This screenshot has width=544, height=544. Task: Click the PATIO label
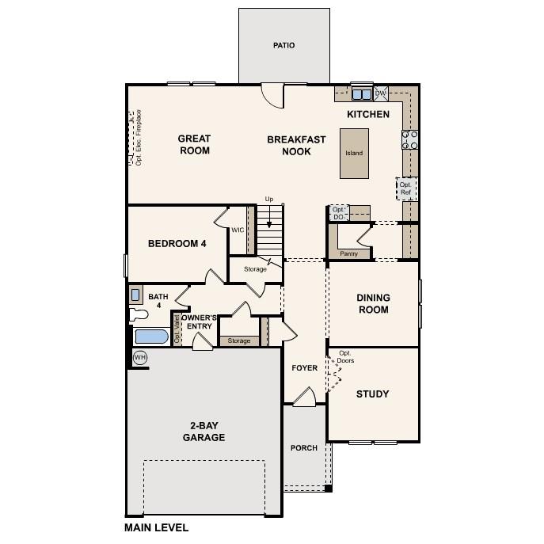[x=283, y=45]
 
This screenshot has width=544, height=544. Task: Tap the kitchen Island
[x=354, y=154]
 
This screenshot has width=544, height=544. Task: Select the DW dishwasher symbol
[x=380, y=93]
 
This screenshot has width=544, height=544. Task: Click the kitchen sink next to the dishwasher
[x=362, y=93]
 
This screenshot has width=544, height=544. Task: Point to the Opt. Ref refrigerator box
[x=405, y=188]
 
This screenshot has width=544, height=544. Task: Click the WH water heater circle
[x=140, y=358]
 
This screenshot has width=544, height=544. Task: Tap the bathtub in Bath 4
[x=150, y=337]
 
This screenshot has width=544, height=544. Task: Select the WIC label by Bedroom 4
[x=238, y=230]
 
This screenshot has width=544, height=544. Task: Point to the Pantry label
[x=348, y=254]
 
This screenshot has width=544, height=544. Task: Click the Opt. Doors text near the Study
[x=345, y=356]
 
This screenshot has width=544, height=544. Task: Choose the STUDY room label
[x=372, y=394]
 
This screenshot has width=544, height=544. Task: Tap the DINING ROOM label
[x=373, y=304]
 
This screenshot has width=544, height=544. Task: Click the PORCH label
[x=304, y=448]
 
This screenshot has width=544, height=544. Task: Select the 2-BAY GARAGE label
[x=204, y=432]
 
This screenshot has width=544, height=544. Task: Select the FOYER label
[x=304, y=368]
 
